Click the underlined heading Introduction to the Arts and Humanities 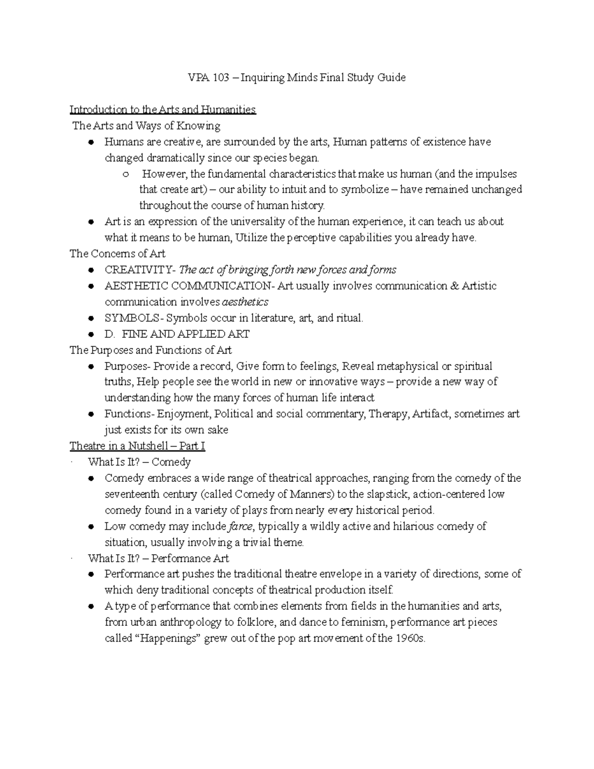pyautogui.click(x=162, y=109)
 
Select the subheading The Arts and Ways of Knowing pyautogui.click(x=147, y=126)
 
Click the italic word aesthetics pyautogui.click(x=245, y=302)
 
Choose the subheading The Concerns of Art pyautogui.click(x=117, y=254)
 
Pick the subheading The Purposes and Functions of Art pyautogui.click(x=150, y=350)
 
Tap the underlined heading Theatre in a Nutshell pyautogui.click(x=137, y=446)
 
